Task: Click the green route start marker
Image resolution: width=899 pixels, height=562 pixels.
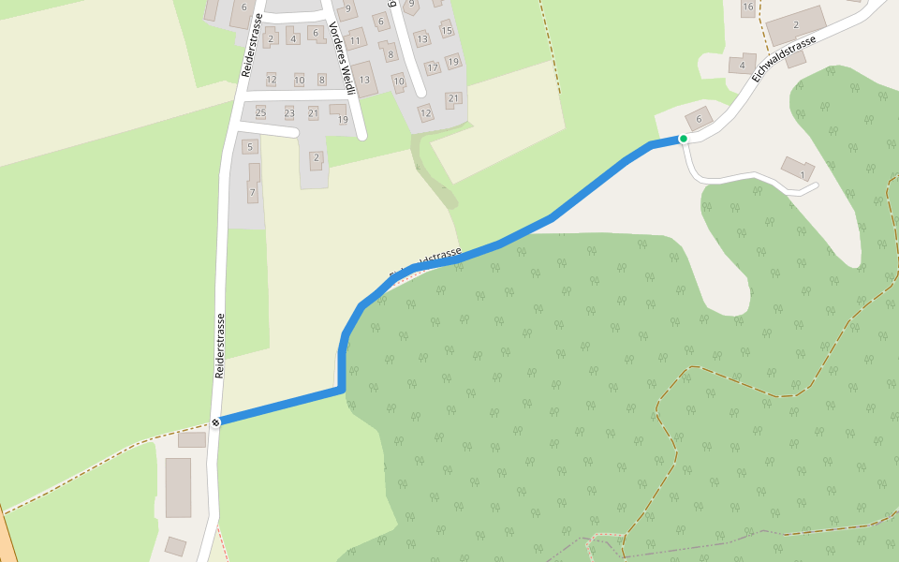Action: (684, 139)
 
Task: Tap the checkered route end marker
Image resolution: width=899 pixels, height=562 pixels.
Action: (216, 422)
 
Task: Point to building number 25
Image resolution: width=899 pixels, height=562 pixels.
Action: (261, 113)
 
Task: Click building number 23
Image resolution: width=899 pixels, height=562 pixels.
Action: (289, 113)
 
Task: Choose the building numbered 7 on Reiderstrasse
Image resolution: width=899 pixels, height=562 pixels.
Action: (252, 192)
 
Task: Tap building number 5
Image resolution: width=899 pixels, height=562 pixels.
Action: (250, 147)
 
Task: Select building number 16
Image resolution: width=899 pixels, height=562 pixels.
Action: (747, 7)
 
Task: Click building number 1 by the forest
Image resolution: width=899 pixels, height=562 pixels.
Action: (801, 171)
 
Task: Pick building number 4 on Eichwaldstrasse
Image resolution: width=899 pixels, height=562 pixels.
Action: (742, 66)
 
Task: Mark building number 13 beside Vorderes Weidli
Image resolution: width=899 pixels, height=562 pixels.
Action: (365, 80)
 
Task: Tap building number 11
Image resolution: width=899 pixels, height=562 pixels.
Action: (355, 41)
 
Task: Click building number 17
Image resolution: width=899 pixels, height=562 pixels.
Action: (432, 68)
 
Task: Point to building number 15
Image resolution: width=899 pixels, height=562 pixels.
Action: (447, 31)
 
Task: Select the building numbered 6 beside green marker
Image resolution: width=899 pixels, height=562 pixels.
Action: (699, 118)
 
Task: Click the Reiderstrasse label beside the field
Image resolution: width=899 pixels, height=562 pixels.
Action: (220, 346)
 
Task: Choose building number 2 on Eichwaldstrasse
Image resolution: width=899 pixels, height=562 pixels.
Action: (796, 25)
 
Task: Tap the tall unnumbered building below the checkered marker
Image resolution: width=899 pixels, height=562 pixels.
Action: (178, 487)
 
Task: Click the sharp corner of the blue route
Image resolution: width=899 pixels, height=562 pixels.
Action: (342, 388)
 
